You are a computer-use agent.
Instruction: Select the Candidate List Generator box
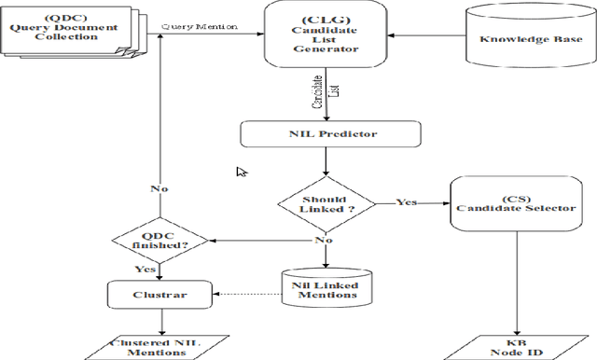326,35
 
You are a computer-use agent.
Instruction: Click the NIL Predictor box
326,133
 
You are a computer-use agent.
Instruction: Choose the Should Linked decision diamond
326,201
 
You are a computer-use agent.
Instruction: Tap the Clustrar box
161,296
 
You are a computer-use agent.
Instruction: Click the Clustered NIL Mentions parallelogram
161,347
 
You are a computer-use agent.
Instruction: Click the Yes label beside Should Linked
407,201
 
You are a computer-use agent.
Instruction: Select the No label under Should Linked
323,240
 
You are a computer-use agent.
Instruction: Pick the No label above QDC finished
160,188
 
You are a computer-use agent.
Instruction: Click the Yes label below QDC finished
145,270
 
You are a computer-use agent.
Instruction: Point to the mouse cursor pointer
242,172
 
